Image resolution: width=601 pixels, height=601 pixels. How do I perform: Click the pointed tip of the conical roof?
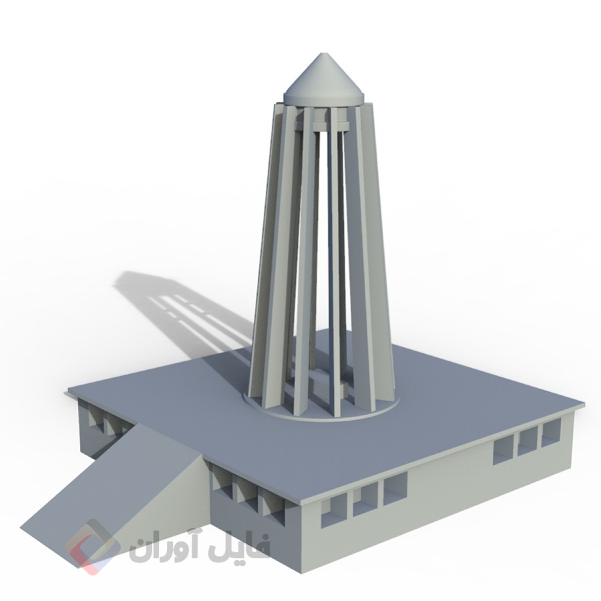tap(325, 55)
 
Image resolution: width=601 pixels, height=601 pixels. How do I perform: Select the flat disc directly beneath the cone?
tap(325, 97)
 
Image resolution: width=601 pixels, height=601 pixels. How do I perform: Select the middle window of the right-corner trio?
tap(528, 441)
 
